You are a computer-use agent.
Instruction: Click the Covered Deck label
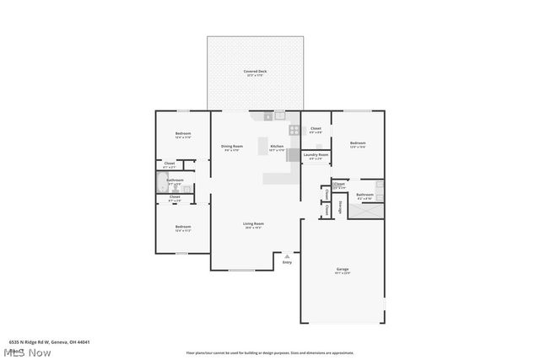pos(256,72)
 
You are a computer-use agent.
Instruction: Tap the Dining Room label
pos(233,147)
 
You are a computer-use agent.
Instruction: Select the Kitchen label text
pos(277,147)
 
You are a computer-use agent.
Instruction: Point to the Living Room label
pos(254,223)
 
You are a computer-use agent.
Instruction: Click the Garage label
pos(343,270)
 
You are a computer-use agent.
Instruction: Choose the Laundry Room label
pos(316,155)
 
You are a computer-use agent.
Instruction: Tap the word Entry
pos(287,262)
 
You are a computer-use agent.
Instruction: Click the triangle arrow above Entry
pos(287,255)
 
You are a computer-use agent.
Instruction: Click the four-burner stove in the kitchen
pos(294,130)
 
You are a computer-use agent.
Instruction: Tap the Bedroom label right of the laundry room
pos(358,143)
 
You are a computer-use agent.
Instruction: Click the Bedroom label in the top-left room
pos(183,134)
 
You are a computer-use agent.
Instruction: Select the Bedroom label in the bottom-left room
pos(183,227)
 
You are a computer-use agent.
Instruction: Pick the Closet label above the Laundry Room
pos(316,128)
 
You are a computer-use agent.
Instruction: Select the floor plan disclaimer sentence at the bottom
pos(270,352)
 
